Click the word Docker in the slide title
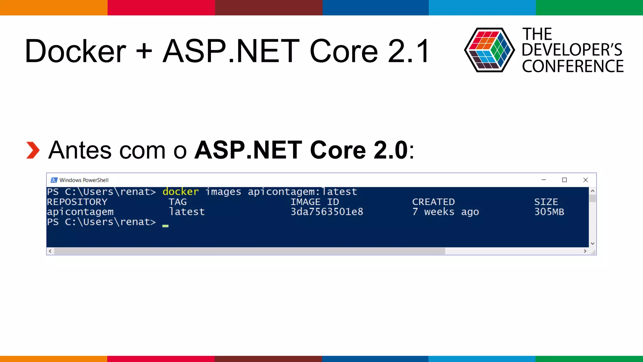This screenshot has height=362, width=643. point(75,51)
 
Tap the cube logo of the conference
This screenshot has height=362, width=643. point(489,50)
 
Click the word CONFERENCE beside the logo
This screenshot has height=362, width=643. point(573,66)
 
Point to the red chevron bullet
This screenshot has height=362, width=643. point(33,150)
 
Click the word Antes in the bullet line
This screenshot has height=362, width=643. point(80,150)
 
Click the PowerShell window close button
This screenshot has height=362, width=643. point(586,180)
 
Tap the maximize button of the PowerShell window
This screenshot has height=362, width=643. point(565,180)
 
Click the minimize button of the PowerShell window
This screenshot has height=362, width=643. point(544,180)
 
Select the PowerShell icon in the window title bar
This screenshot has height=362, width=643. point(54,180)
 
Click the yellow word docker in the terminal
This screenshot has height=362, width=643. point(181,192)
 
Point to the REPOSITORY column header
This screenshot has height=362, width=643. point(77,202)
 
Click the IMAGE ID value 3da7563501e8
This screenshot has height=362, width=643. point(327,212)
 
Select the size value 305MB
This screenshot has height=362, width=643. point(549,212)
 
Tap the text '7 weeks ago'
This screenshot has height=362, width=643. point(446,212)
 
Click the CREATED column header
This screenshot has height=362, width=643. point(433,202)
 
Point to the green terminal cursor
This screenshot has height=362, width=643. point(165,226)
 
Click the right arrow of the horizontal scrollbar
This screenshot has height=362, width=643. point(585,251)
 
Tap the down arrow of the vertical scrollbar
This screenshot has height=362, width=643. point(592,243)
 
